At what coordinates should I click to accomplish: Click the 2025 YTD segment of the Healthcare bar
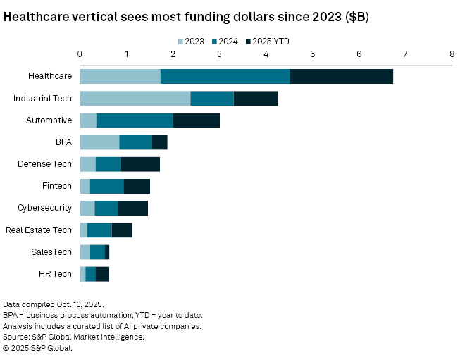(341, 76)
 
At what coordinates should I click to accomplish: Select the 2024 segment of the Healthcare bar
(225, 76)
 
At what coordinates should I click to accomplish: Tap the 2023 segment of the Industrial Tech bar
(135, 98)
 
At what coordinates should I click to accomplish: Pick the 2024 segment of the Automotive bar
(135, 120)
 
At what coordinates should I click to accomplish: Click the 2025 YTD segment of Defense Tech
(140, 164)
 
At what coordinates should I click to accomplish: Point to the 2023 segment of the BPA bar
(99, 142)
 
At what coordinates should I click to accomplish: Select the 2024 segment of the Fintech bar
(107, 186)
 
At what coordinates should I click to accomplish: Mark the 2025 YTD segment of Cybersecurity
(132, 208)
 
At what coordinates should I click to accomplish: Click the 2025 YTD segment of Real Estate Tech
(121, 230)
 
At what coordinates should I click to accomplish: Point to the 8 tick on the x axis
(452, 54)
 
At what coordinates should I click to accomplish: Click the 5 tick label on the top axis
(312, 54)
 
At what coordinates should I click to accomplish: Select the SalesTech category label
(51, 252)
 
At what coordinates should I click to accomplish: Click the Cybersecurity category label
(45, 208)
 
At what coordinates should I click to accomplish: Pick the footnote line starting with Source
(74, 337)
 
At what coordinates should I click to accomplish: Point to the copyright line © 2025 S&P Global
(37, 347)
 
